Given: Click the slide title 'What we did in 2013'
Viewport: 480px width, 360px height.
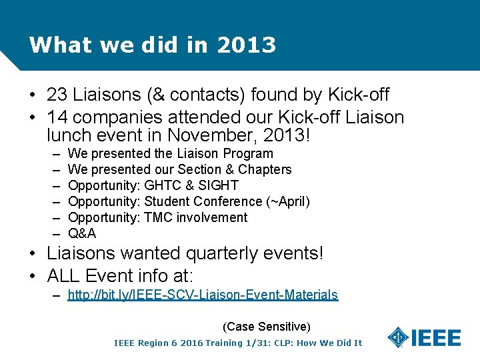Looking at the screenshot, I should [x=153, y=45].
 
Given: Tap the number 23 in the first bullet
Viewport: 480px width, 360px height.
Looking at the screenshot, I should [x=57, y=95].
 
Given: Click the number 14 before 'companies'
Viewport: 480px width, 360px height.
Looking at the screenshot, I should [x=57, y=118].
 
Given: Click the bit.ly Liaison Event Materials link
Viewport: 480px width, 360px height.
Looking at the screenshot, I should [x=203, y=295].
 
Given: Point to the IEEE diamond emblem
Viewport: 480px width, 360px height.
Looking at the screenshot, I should [x=399, y=337].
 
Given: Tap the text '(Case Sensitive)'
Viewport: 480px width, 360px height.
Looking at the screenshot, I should [x=267, y=327].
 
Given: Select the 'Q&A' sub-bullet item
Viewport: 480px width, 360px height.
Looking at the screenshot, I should [x=82, y=233].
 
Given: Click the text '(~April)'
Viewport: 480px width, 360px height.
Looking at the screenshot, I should [x=288, y=201].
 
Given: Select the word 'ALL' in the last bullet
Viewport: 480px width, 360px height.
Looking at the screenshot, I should [x=64, y=275].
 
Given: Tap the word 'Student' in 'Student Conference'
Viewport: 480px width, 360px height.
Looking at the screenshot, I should [x=167, y=201].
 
